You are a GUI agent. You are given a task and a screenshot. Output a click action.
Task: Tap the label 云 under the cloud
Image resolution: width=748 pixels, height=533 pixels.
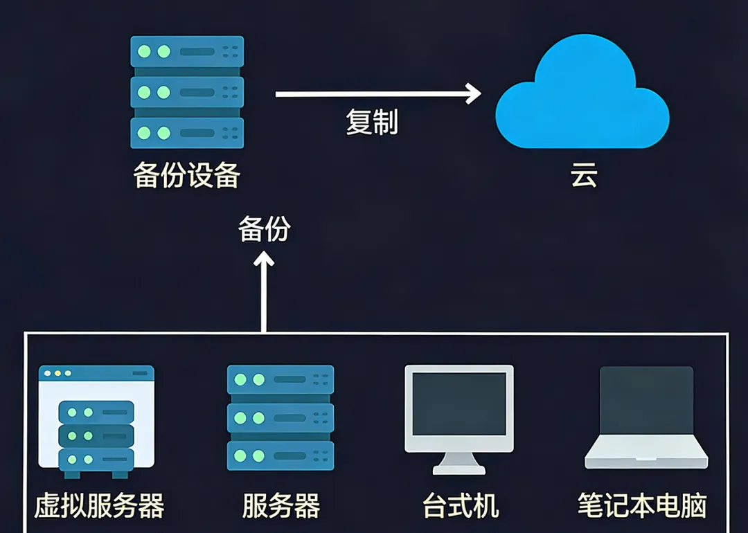coord(583,177)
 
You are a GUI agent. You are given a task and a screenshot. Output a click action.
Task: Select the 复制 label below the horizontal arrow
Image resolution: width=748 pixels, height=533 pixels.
coord(372,122)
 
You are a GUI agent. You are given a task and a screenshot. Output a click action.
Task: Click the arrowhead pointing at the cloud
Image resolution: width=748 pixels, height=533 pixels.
coord(474,93)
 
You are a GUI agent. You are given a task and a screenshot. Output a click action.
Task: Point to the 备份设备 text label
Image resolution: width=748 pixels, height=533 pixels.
coord(186,176)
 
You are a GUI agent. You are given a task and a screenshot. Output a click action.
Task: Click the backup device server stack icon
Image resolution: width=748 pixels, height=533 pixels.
coord(187,91)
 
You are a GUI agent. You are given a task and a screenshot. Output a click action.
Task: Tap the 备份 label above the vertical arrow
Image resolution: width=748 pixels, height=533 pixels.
coord(264,229)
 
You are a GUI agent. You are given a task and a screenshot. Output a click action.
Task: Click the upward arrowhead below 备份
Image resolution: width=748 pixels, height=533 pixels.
coord(264,260)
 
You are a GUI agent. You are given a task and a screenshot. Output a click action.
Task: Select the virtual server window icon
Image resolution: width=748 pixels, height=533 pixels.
coord(96,422)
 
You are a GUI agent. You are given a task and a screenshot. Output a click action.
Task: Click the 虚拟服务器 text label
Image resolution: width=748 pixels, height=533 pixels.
coord(99,506)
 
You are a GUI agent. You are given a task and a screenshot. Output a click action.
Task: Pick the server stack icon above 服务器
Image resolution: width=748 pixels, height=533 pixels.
coord(280,417)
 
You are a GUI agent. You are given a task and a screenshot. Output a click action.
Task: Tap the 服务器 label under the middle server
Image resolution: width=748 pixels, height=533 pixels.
coord(280,506)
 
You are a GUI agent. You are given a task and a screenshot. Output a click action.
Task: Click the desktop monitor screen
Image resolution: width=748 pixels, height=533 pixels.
coord(459,404)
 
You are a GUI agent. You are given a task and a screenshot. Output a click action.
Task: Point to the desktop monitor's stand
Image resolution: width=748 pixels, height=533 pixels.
coord(459,462)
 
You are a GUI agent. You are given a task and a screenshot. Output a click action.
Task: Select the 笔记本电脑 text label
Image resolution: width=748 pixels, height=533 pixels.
coord(642,506)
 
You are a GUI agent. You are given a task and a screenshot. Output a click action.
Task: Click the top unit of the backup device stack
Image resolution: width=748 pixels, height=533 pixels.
coord(187,52)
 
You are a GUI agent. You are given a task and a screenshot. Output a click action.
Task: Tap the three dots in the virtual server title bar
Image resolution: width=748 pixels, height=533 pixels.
coord(57,373)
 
